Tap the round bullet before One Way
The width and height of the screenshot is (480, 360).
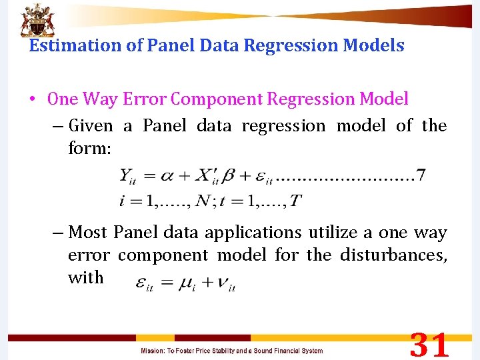click(33, 99)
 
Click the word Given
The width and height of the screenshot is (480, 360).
click(91, 125)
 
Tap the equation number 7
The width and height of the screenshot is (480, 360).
click(420, 176)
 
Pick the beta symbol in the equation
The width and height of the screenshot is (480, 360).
click(230, 177)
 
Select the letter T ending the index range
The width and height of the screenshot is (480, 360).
click(296, 200)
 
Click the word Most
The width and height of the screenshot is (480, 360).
click(89, 233)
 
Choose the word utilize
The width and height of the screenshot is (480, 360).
click(331, 233)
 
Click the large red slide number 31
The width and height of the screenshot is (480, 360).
click(429, 346)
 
